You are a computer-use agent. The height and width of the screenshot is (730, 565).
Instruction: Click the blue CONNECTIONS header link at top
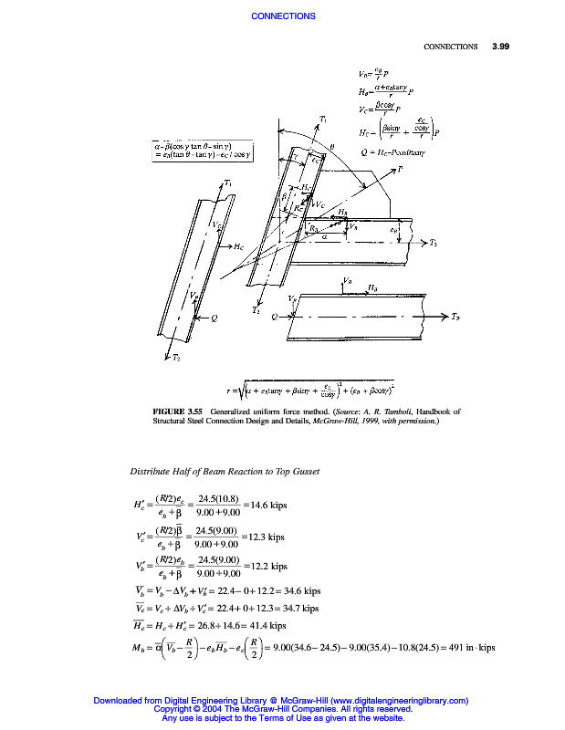click(283, 16)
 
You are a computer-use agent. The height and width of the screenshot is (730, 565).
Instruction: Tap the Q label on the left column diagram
click(214, 318)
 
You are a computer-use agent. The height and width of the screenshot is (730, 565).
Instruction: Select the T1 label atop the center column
click(323, 120)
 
